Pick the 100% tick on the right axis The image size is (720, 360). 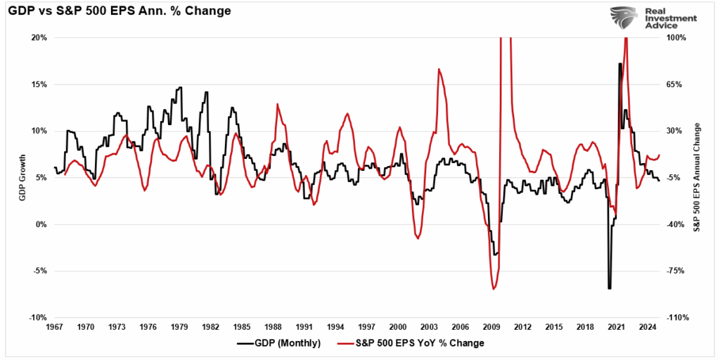pos(676,37)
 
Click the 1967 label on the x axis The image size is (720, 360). pos(54,327)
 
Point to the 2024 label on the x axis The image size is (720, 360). pos(648,327)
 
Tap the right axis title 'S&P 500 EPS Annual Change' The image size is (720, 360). pos(697,177)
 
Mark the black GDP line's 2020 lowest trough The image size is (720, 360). pos(610,288)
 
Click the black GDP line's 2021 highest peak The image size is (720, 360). pos(619,64)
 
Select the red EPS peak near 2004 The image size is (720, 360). pos(439,69)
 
